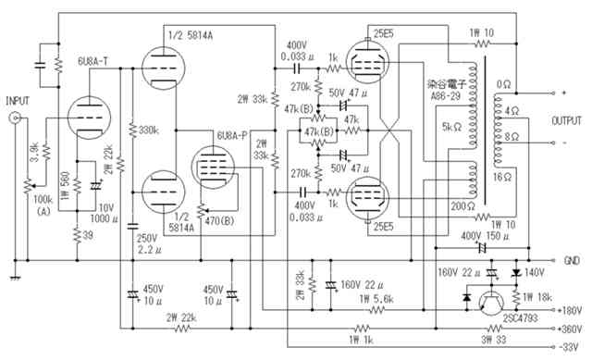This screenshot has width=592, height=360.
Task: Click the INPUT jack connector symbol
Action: [x=15, y=118]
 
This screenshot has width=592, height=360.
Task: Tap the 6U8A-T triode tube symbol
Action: [x=90, y=118]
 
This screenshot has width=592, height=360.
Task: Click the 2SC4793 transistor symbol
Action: [x=491, y=303]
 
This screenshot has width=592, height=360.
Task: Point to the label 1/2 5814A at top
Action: [x=191, y=35]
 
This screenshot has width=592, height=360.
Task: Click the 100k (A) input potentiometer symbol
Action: [x=29, y=186]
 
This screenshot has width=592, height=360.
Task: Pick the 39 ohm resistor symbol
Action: [x=78, y=235]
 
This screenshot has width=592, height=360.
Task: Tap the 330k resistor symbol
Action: [x=132, y=130]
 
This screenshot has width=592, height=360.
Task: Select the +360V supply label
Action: [x=570, y=329]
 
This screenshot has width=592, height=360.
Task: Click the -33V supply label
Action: [x=568, y=347]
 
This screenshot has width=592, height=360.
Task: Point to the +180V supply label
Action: [x=570, y=310]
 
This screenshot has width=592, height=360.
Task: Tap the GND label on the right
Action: [x=572, y=261]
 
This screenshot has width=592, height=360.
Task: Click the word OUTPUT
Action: [x=566, y=121]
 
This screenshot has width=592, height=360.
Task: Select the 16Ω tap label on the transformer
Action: [x=502, y=177]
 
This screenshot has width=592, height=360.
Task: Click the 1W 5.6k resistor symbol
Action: [x=376, y=310]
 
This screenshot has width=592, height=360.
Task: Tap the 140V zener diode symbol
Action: [x=516, y=272]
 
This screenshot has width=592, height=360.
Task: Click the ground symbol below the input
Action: [x=15, y=278]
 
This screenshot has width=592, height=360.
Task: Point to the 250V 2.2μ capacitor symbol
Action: [x=132, y=226]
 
